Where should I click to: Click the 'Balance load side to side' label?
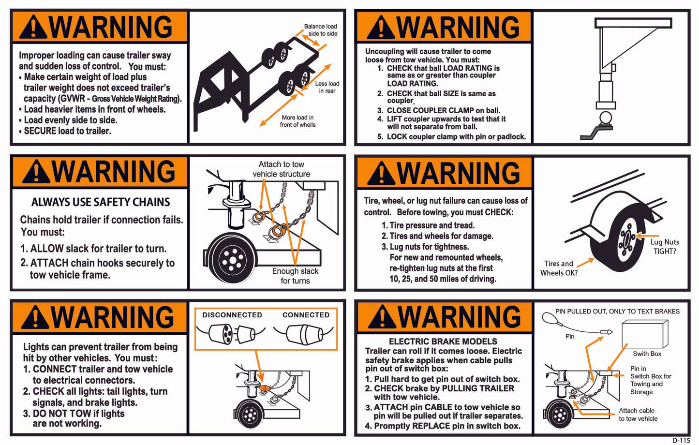[x=320, y=30]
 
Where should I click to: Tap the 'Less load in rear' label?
[x=327, y=87]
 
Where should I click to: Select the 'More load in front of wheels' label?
[x=297, y=121]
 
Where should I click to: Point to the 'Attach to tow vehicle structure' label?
[x=281, y=169]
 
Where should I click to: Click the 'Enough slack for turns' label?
[x=295, y=276]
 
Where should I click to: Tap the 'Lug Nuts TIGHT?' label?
[x=665, y=246]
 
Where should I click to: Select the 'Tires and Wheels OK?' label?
[x=559, y=268]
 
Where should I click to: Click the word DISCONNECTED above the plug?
[x=232, y=315]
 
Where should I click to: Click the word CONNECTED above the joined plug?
[x=306, y=315]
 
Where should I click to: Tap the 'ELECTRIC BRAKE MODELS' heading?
[x=443, y=341]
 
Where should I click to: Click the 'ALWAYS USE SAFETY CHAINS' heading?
[x=101, y=202]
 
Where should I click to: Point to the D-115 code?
[x=681, y=440]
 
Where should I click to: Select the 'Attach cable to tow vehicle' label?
[x=638, y=415]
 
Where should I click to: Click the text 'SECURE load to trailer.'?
[x=67, y=131]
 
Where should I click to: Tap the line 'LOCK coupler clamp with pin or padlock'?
[x=456, y=137]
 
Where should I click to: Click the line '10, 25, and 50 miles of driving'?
[x=443, y=279]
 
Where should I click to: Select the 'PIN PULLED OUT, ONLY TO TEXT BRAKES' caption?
[x=617, y=311]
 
